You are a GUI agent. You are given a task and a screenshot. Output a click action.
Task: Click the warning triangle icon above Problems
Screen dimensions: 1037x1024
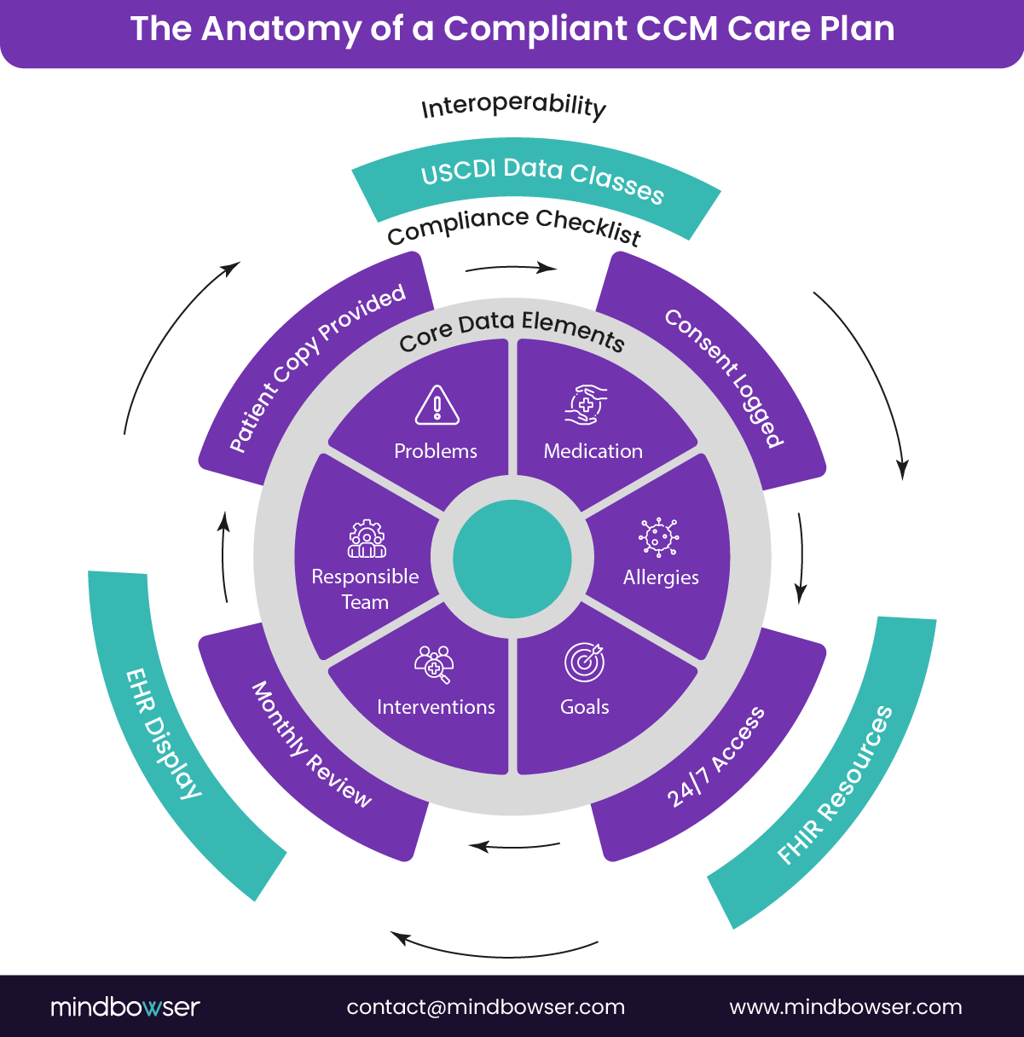tap(437, 405)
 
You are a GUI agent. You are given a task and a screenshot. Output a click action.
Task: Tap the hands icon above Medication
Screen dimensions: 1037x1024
tap(586, 404)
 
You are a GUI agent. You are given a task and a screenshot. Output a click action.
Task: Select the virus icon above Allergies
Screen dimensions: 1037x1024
tap(659, 536)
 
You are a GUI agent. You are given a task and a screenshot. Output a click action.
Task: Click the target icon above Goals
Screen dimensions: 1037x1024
tap(585, 662)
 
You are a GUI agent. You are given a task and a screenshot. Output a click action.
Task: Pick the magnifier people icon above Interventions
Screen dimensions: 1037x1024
tap(434, 663)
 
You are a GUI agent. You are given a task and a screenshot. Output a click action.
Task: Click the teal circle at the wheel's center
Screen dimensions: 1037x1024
tap(512, 559)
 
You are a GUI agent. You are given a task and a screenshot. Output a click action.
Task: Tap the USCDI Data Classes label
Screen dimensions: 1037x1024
tap(542, 182)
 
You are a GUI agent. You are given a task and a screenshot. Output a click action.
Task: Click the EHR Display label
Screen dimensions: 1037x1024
tap(164, 733)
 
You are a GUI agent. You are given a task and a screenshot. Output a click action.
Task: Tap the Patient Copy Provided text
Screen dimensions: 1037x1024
tap(316, 368)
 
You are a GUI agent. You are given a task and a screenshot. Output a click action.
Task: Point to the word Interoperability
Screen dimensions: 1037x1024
tap(513, 107)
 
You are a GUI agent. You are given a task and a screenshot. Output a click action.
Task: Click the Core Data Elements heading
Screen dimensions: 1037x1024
tap(512, 331)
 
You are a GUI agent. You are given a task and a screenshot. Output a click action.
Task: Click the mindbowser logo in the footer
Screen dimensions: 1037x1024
tap(124, 1007)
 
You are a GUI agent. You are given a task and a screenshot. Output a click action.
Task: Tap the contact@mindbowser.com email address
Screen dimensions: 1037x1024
tap(485, 1007)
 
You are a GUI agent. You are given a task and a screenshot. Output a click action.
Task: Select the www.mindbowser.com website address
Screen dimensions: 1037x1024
tap(845, 1007)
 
